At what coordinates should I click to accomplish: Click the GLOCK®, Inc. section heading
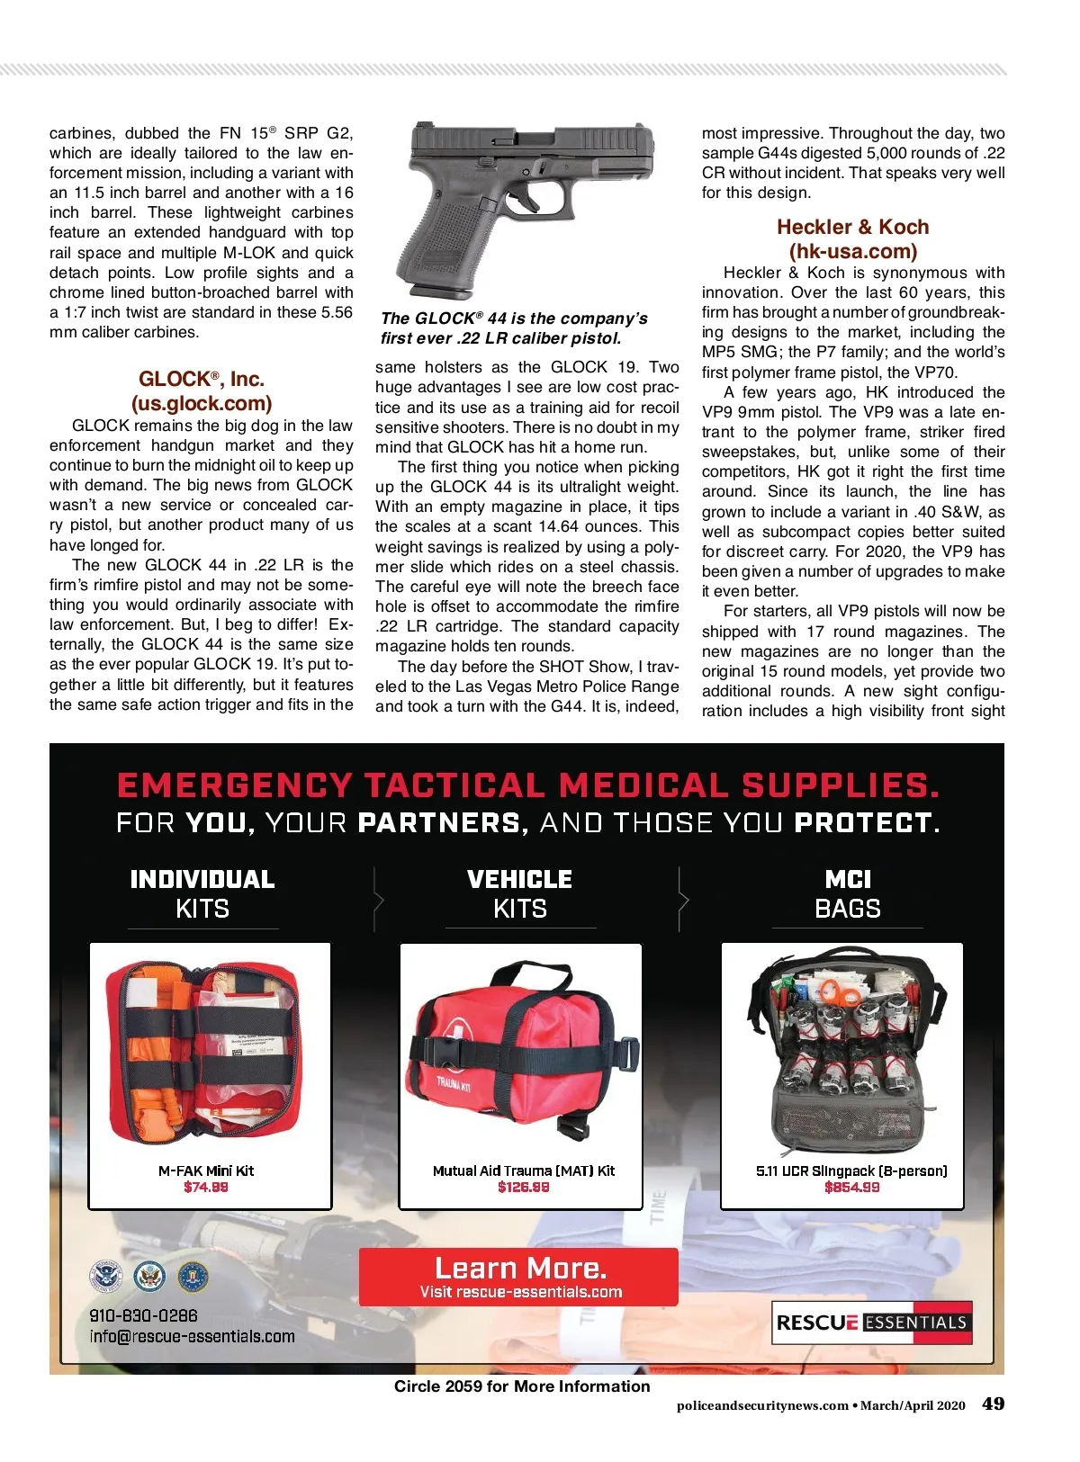tap(202, 379)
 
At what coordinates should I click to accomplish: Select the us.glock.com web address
tap(202, 403)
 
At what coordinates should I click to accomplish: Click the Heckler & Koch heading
tap(852, 227)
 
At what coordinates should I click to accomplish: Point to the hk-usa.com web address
tap(852, 251)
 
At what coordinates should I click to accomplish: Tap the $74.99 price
tap(205, 1187)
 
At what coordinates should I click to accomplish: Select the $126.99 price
tap(523, 1187)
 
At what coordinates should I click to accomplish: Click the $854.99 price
tap(851, 1187)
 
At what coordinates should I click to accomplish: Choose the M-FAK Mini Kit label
tap(206, 1170)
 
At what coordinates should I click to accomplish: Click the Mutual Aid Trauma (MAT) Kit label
tap(523, 1170)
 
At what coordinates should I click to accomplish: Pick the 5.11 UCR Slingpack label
tap(851, 1170)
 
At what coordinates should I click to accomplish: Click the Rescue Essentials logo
tap(872, 1323)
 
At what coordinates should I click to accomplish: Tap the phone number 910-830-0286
tap(143, 1314)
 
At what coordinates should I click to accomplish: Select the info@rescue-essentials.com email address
tap(192, 1336)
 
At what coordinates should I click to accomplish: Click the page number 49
tap(993, 1404)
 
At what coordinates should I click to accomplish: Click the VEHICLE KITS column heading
tap(520, 893)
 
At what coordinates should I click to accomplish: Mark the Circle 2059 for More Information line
tap(522, 1386)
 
